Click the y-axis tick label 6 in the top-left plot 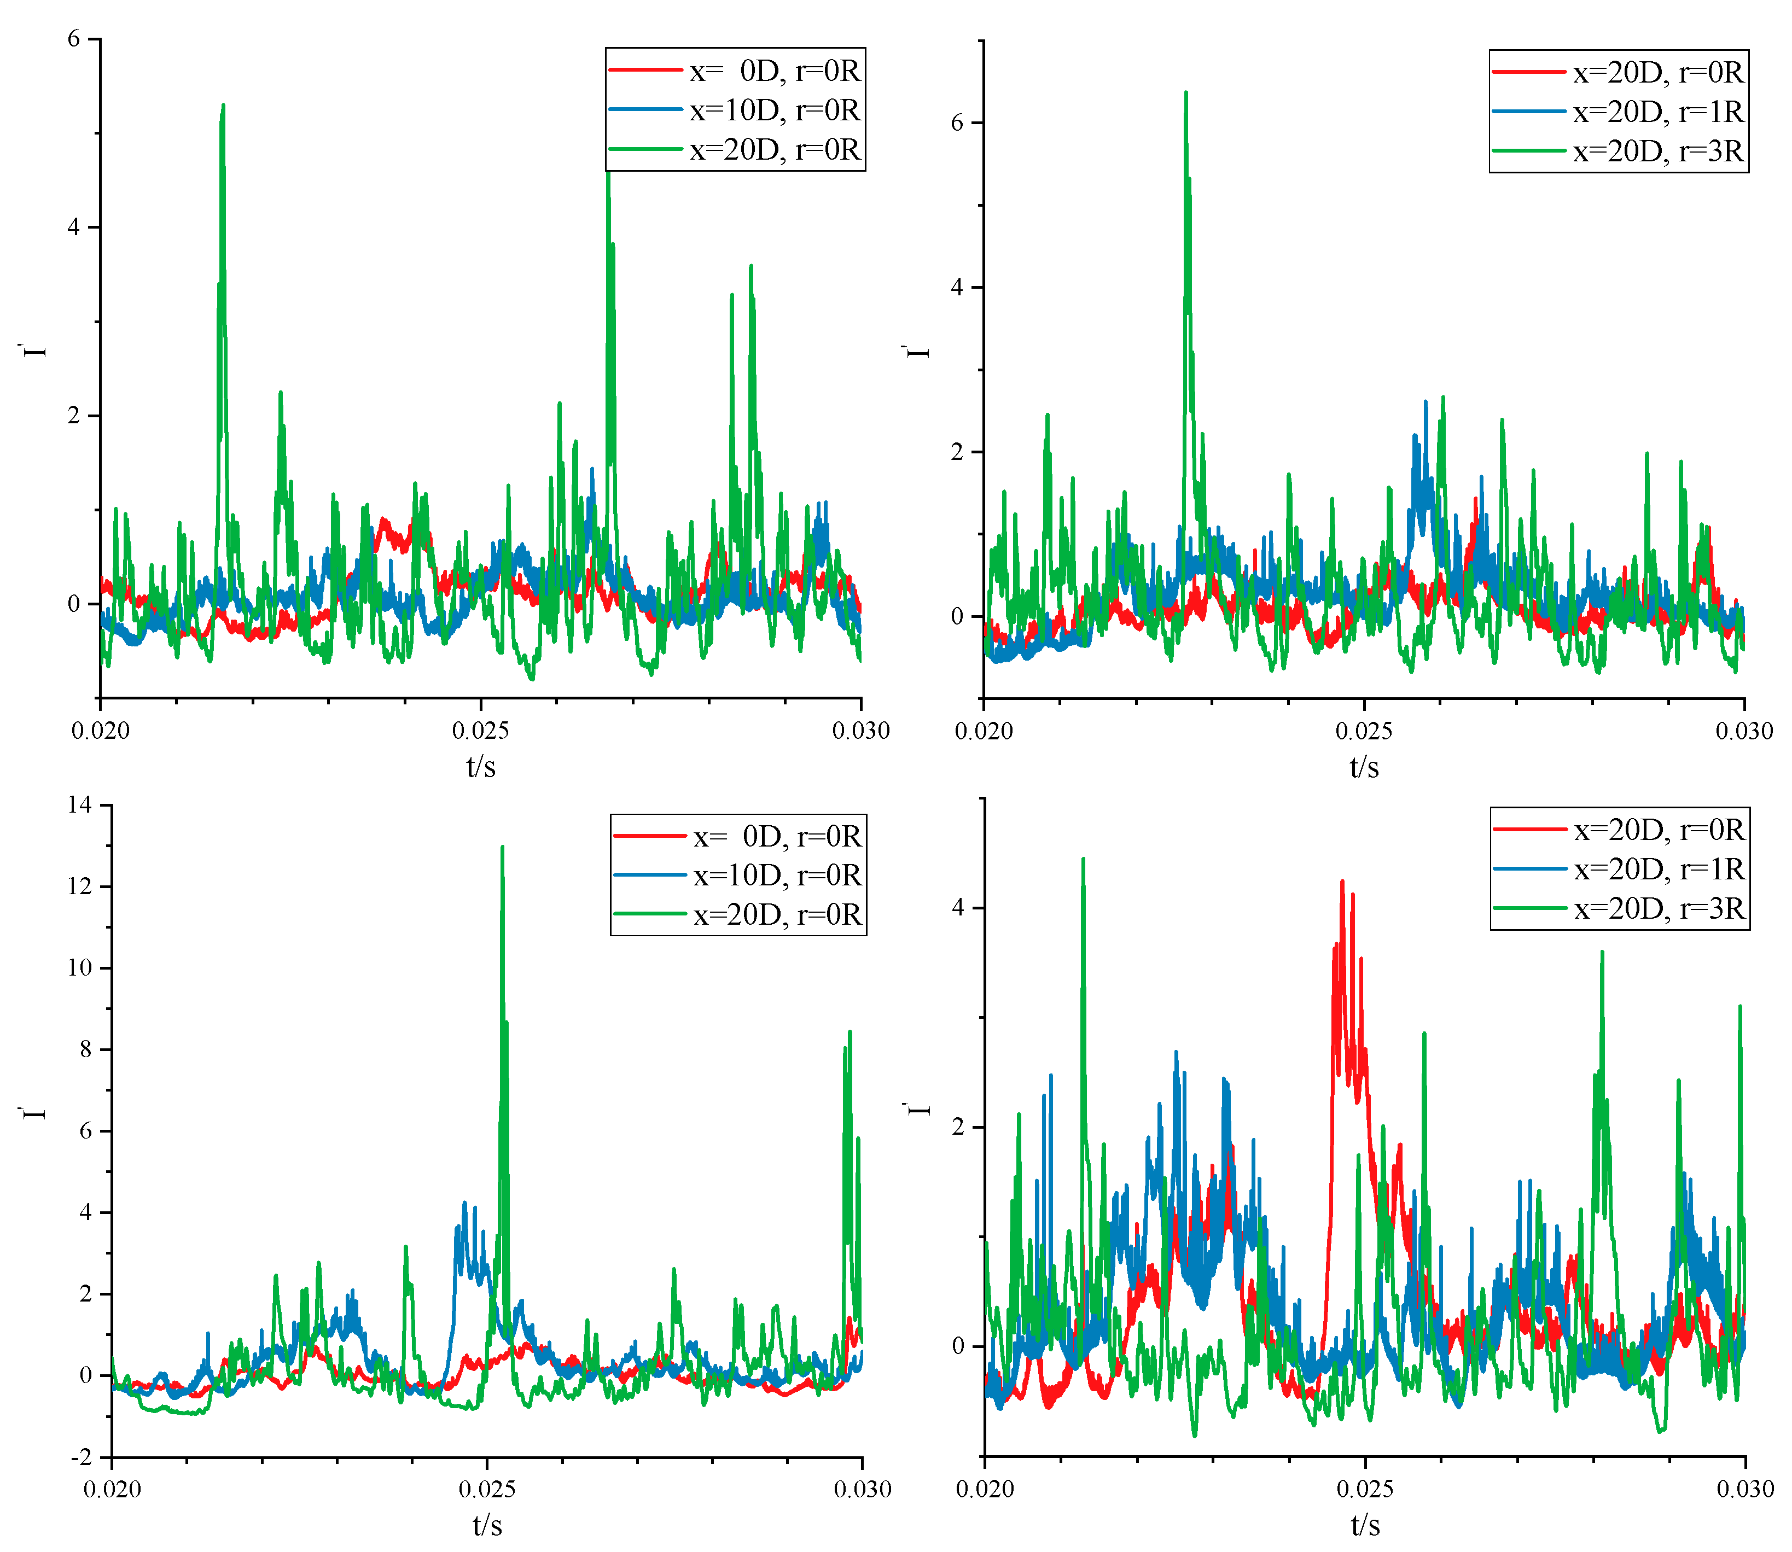74,39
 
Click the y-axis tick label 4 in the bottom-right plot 957,908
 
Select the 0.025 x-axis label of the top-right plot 1364,731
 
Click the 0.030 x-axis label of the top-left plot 861,730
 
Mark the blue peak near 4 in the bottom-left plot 465,1204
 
